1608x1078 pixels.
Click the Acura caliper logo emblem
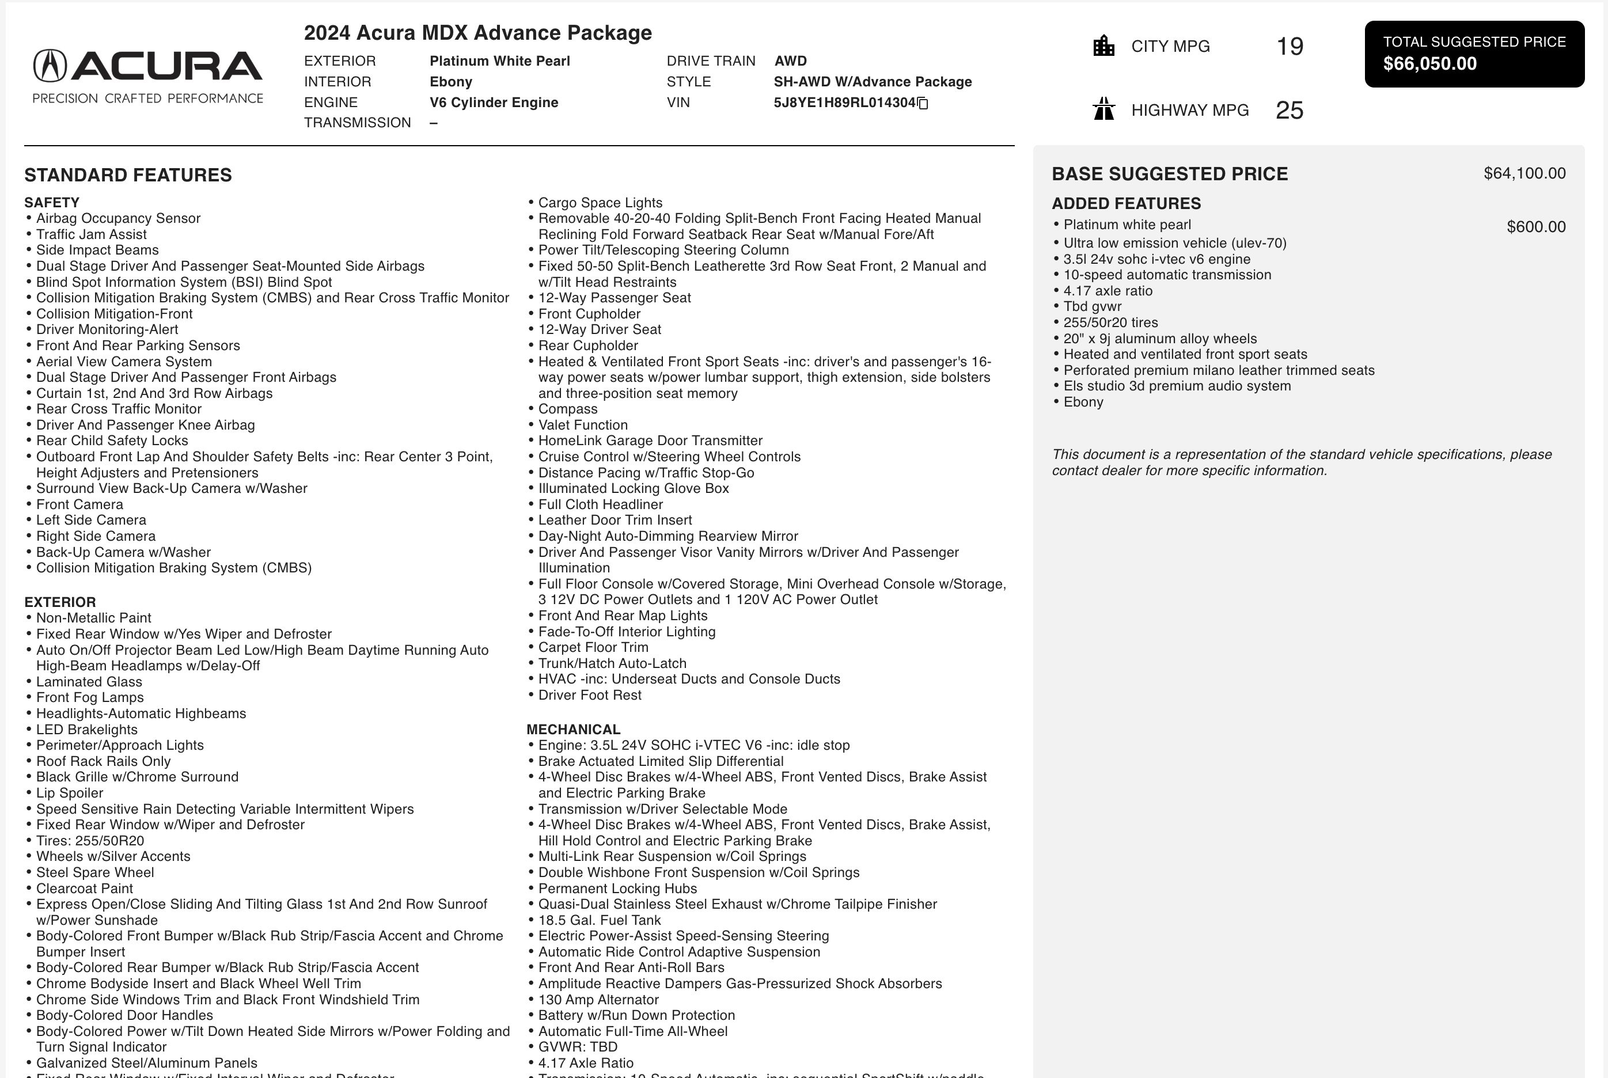tap(50, 66)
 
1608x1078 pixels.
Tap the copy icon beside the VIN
tap(923, 103)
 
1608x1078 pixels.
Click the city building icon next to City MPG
tap(1103, 46)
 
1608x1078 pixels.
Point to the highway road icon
tap(1103, 109)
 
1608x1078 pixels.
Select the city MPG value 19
tap(1289, 46)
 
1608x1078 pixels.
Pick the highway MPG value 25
tap(1289, 110)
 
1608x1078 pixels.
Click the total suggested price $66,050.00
tap(1429, 64)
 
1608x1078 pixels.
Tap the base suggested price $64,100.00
tap(1524, 173)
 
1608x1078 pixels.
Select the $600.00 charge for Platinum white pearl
tap(1536, 227)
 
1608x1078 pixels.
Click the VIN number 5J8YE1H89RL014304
tap(844, 103)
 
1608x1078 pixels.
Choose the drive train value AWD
tap(790, 61)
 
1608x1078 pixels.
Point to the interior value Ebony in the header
tap(450, 82)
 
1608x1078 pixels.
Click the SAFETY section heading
tap(52, 203)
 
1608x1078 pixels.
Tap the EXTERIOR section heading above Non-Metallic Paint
tap(60, 602)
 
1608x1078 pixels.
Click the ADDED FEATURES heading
tap(1125, 203)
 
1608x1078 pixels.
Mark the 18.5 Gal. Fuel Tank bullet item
tap(599, 920)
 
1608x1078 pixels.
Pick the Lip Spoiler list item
tap(70, 793)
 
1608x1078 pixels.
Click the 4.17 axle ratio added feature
tap(1108, 291)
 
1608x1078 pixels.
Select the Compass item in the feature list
tap(567, 409)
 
